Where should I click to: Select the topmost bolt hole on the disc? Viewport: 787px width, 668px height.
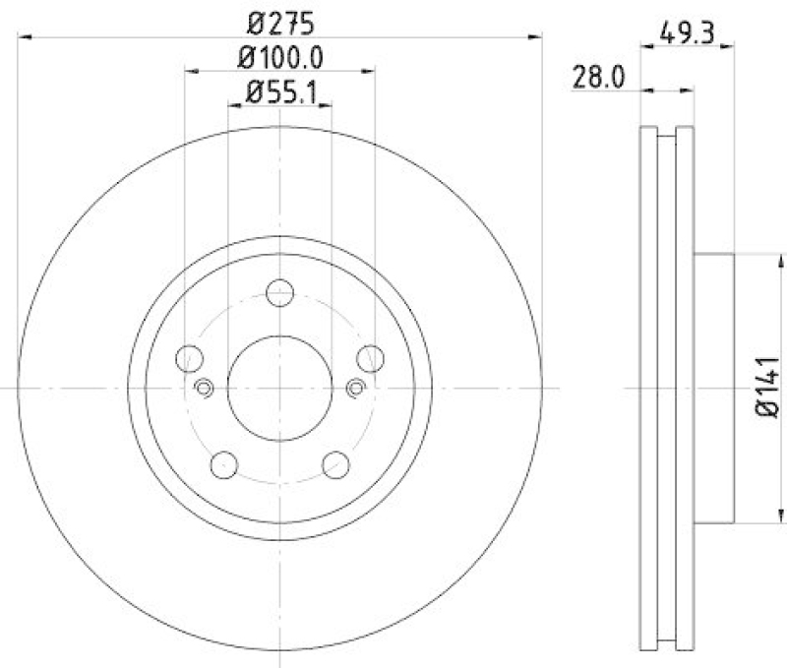(280, 292)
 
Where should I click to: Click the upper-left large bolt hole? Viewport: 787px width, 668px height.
(190, 358)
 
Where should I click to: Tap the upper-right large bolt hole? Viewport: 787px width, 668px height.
(370, 358)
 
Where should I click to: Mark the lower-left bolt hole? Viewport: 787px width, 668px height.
(225, 462)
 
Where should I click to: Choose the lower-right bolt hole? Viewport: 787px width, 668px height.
(335, 462)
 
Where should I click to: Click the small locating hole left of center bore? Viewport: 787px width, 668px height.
(205, 388)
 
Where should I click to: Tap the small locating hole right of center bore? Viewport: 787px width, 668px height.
(356, 388)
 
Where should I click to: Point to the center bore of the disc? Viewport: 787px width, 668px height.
(280, 388)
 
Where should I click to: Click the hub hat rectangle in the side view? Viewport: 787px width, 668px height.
(713, 388)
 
